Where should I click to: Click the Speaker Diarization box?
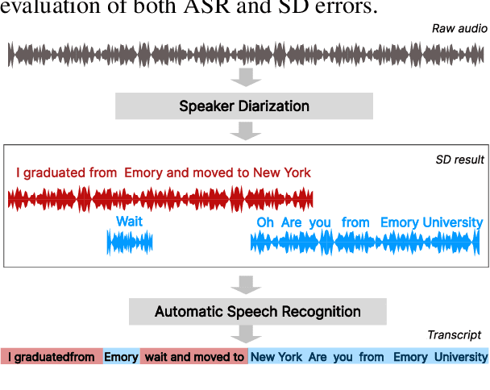click(244, 106)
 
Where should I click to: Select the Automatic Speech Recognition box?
click(257, 311)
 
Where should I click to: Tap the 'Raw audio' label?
click(459, 29)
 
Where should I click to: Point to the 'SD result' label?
click(459, 160)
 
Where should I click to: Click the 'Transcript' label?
click(454, 334)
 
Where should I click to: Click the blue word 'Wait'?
click(129, 222)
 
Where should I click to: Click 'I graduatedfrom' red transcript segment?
click(52, 357)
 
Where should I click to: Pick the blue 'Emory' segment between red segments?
click(121, 357)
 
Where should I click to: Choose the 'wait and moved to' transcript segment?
click(194, 357)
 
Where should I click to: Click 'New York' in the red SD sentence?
click(281, 173)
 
